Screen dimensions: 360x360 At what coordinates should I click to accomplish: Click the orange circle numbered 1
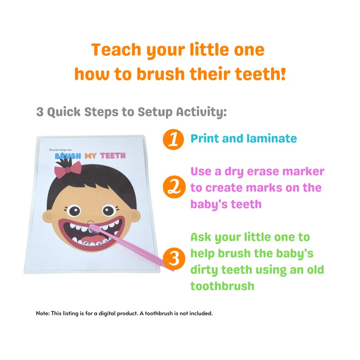click(x=173, y=140)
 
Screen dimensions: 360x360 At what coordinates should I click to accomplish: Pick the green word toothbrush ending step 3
click(x=222, y=287)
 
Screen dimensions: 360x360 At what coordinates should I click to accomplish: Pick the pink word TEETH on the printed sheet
click(x=113, y=156)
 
